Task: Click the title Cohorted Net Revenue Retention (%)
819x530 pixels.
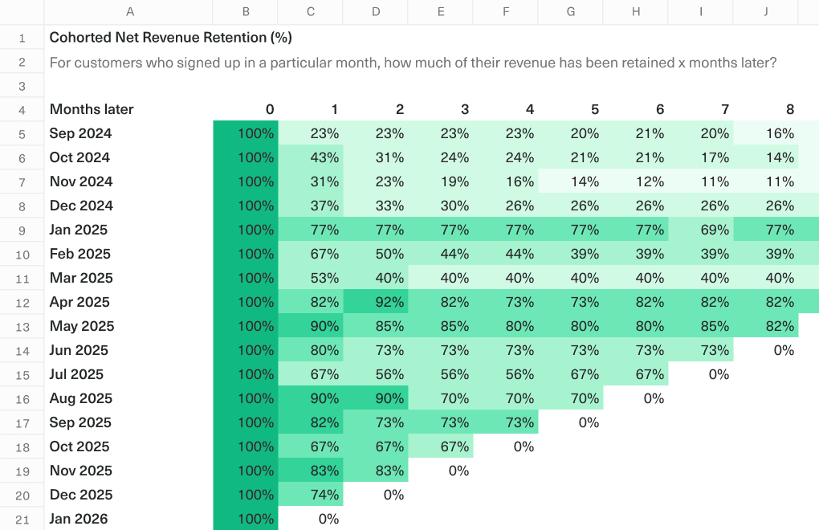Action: pos(170,38)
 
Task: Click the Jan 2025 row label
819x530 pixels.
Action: pos(79,230)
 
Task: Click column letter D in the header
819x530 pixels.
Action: pos(376,12)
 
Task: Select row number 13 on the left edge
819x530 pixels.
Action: pos(22,327)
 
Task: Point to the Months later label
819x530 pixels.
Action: pos(92,109)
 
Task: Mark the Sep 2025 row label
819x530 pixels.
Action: pos(80,422)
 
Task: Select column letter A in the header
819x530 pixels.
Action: pos(130,12)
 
